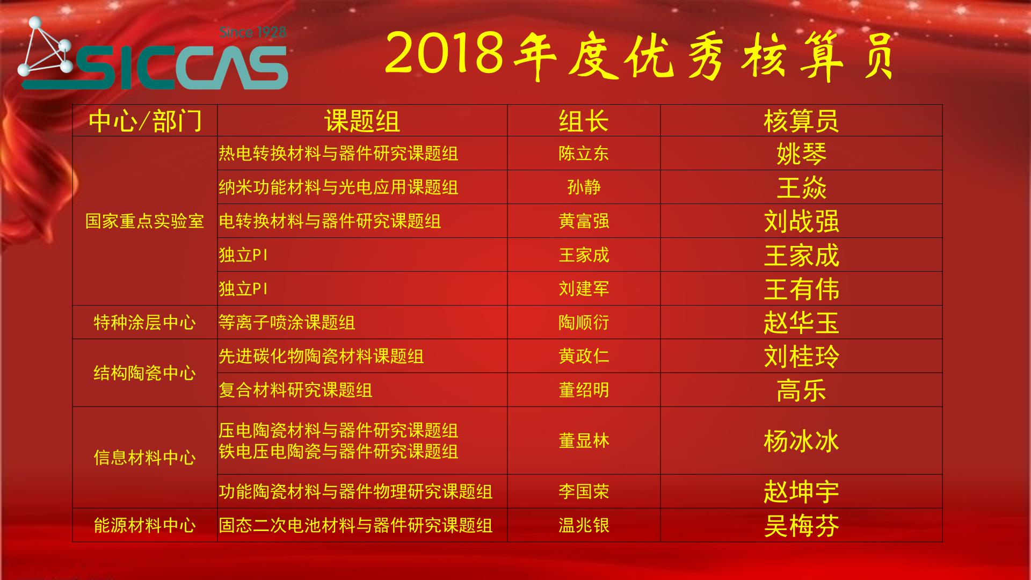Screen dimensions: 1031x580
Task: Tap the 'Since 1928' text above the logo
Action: tap(253, 32)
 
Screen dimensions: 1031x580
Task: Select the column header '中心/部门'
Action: tap(145, 121)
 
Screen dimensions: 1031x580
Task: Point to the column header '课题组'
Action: tap(362, 121)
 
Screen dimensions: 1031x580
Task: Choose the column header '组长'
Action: tap(584, 121)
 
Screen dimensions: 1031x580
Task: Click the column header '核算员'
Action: tap(801, 121)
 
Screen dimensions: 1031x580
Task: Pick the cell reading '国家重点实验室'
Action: tap(145, 221)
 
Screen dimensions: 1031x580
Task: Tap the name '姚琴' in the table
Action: tap(801, 154)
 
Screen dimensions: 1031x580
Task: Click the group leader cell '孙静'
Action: tap(584, 187)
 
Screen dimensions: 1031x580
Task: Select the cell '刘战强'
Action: tap(801, 221)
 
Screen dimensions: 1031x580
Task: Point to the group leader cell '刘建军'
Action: tap(584, 288)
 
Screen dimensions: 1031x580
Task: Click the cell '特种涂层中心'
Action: tap(145, 322)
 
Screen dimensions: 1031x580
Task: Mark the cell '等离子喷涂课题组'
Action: tap(287, 322)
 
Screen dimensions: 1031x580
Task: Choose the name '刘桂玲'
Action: tap(801, 356)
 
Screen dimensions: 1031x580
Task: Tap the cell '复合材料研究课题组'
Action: tap(295, 390)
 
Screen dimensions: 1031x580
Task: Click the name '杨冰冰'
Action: tap(801, 441)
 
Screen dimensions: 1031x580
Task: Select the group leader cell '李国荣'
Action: tap(584, 491)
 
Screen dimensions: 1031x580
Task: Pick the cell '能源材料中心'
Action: tap(145, 525)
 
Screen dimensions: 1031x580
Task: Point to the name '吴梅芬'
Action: tap(801, 525)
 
